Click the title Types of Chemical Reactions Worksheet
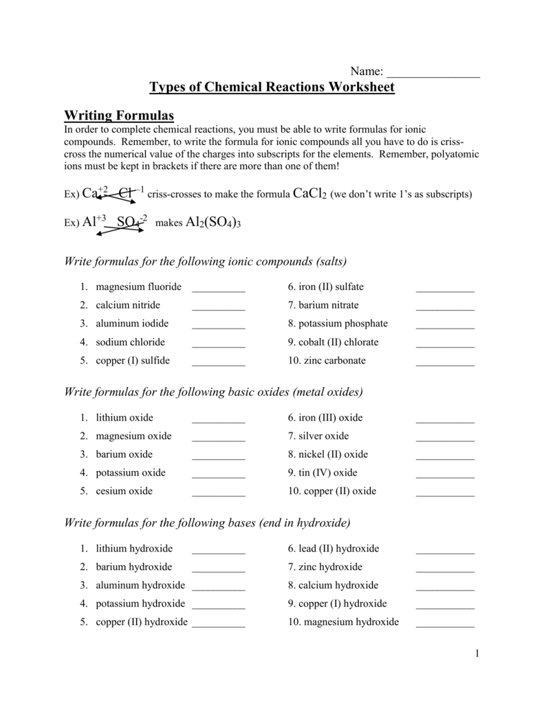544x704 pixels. (272, 87)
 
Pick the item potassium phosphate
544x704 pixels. (338, 324)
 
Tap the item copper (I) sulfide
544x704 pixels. (132, 360)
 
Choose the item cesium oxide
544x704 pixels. (124, 491)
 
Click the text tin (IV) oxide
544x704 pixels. (323, 473)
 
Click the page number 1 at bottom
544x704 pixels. (475, 653)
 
